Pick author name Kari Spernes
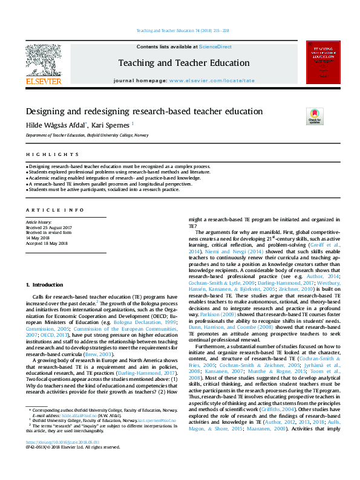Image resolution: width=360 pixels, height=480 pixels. (111, 125)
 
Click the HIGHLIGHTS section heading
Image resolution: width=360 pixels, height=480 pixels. (44, 155)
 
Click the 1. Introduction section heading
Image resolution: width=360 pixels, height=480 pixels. (44, 284)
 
